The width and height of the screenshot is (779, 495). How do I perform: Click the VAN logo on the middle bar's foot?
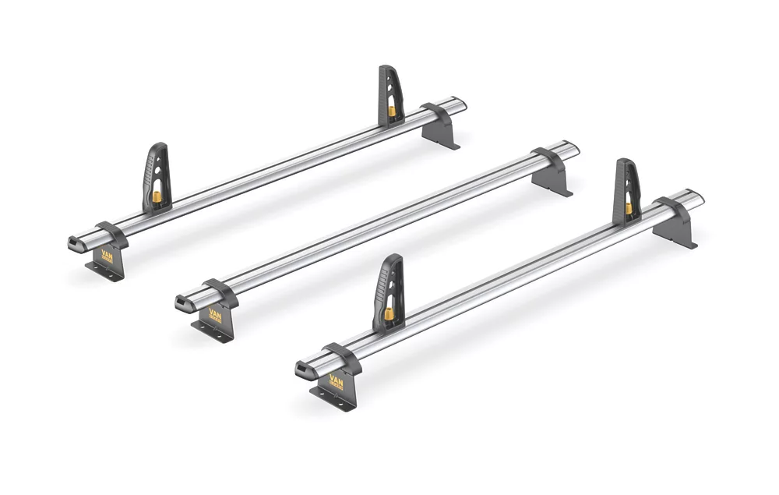click(x=214, y=314)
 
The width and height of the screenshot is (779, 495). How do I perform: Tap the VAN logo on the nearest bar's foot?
click(x=335, y=382)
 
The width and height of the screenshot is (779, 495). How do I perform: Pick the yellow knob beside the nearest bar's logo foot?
click(x=387, y=314)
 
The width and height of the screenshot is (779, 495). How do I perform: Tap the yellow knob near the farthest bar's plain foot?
click(x=391, y=111)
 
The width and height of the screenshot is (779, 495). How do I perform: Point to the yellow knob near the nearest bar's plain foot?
click(x=628, y=208)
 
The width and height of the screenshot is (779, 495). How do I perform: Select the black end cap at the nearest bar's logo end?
click(x=303, y=371)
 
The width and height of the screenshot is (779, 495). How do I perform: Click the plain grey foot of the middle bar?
click(x=552, y=179)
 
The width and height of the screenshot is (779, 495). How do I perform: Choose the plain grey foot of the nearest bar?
click(x=674, y=232)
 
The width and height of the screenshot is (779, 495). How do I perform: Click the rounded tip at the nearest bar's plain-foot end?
click(x=697, y=196)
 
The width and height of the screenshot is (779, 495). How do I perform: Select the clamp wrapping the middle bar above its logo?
click(x=219, y=292)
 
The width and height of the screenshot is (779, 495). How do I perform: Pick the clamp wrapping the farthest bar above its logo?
click(x=111, y=232)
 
